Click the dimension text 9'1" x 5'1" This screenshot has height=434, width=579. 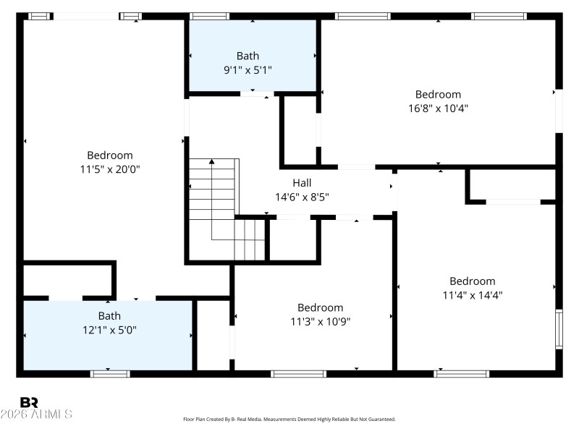click(247, 70)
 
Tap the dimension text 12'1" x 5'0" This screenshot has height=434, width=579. click(109, 329)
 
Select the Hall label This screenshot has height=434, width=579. click(302, 183)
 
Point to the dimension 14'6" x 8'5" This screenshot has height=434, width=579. click(302, 197)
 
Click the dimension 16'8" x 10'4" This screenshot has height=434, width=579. click(438, 109)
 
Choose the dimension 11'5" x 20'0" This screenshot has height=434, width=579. click(109, 169)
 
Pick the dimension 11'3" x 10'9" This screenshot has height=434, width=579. click(320, 321)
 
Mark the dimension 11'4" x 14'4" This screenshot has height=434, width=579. click(473, 295)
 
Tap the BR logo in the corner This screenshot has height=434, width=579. click(29, 402)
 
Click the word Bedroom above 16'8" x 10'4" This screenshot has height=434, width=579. click(438, 94)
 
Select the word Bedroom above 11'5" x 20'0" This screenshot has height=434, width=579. click(109, 155)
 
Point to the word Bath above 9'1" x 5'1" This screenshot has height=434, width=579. click(247, 56)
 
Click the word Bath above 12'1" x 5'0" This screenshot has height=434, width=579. click(109, 315)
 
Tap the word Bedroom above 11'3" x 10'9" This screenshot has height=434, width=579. click(320, 307)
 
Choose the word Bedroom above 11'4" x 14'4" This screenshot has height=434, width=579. click(473, 281)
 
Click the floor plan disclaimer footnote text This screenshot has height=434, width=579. click(289, 419)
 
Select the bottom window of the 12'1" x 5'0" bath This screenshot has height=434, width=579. click(110, 373)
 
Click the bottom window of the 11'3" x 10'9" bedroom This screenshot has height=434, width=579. click(298, 373)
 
